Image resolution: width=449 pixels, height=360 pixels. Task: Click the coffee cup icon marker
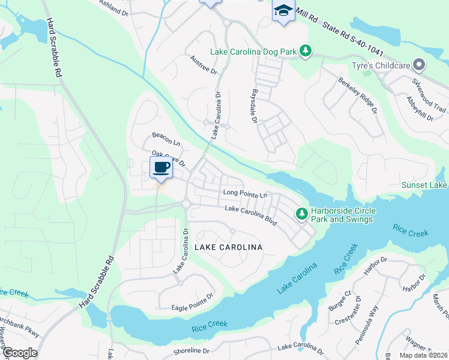pyautogui.click(x=161, y=168)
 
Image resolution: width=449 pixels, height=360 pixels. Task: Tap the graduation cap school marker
pyautogui.click(x=283, y=11)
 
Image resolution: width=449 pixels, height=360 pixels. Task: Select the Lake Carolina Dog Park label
pyautogui.click(x=253, y=52)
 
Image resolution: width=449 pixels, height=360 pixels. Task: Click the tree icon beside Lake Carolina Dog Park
pyautogui.click(x=306, y=51)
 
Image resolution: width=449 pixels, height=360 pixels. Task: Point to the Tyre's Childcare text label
pyautogui.click(x=383, y=65)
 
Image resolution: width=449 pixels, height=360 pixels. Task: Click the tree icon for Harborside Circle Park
pyautogui.click(x=300, y=214)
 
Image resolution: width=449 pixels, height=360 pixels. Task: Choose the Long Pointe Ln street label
pyautogui.click(x=244, y=193)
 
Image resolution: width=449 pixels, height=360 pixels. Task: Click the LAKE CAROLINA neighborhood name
pyautogui.click(x=228, y=247)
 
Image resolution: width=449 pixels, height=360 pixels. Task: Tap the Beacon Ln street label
pyautogui.click(x=166, y=139)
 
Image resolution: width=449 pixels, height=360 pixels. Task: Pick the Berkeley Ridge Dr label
pyautogui.click(x=357, y=95)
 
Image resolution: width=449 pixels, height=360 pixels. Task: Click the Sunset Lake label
pyautogui.click(x=424, y=185)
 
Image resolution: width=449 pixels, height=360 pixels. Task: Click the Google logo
pyautogui.click(x=20, y=353)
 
